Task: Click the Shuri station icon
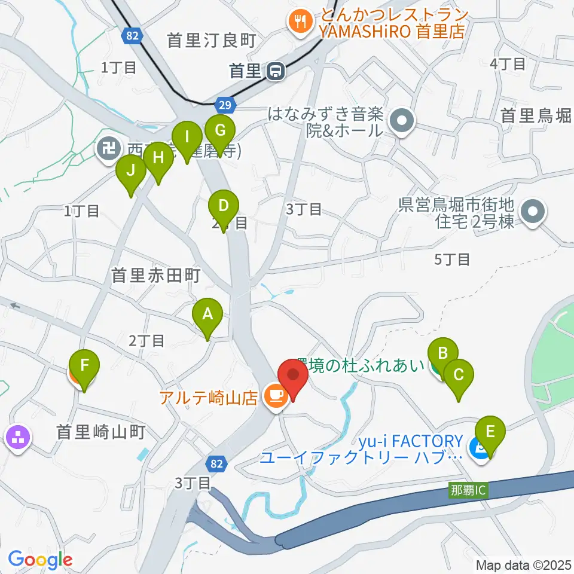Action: point(276,71)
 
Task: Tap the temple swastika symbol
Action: point(109,147)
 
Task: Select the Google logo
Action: point(40,560)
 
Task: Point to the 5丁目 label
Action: point(452,259)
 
